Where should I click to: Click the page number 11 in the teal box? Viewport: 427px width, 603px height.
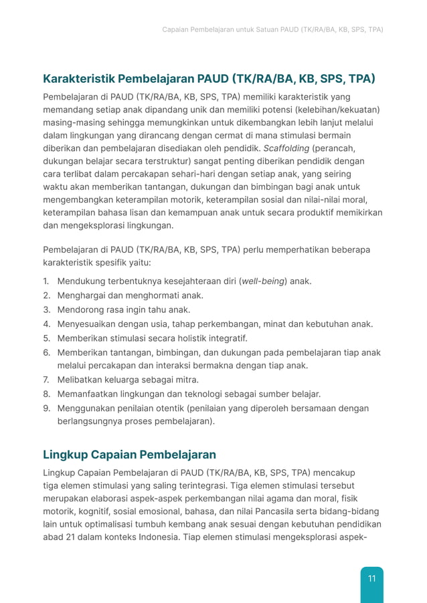click(x=371, y=578)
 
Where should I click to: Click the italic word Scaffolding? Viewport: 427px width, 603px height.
click(x=286, y=148)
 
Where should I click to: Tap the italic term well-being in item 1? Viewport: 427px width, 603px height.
click(x=262, y=281)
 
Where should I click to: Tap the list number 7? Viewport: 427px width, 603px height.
click(x=47, y=380)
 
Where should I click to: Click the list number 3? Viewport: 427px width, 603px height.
click(x=47, y=310)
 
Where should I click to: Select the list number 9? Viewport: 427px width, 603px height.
click(x=47, y=408)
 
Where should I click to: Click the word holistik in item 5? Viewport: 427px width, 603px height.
click(x=188, y=338)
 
